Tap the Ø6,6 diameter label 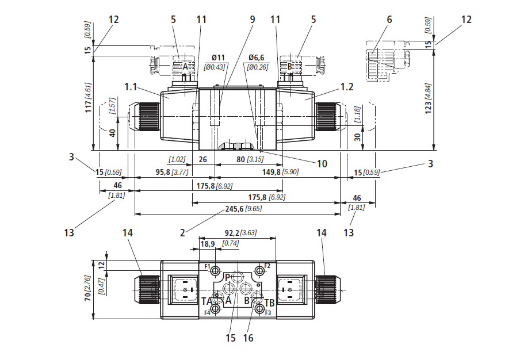coord(257,58)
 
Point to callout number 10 coord(322,164)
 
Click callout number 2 coord(182,233)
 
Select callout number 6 coord(389,19)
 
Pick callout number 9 coord(252,19)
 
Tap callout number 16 coord(248,338)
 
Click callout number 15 coord(231,338)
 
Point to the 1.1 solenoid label coord(130,87)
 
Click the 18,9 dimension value coord(207,244)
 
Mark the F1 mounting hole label coord(207,266)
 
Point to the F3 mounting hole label coord(267,313)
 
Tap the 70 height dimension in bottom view coord(88,296)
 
